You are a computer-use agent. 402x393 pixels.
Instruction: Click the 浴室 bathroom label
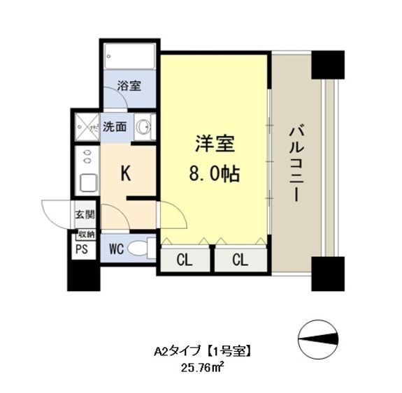coord(129,86)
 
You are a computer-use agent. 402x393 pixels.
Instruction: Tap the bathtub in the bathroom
coord(130,57)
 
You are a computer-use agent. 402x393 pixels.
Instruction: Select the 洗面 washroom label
coord(115,126)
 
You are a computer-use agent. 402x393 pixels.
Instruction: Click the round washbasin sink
coord(143,126)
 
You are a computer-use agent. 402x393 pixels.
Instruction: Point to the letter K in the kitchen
coord(126,173)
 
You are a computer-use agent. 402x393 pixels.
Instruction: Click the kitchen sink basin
coord(89,184)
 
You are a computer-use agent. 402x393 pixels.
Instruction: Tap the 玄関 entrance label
coord(85,214)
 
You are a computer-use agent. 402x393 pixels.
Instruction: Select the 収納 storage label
coord(86,235)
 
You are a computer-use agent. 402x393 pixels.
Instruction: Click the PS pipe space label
coord(82,249)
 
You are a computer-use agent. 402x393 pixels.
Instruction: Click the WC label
coord(116,249)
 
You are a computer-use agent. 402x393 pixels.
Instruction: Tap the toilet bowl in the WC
coord(137,249)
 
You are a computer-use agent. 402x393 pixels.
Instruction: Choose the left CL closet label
coord(185,260)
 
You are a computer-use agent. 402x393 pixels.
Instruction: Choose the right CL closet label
coord(241,260)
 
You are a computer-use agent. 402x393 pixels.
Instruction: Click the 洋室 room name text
coord(215,144)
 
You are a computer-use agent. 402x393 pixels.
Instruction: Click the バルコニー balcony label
coord(296,164)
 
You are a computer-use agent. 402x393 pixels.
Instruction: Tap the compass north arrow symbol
coord(317,339)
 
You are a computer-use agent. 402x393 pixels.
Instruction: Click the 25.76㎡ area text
coord(203,368)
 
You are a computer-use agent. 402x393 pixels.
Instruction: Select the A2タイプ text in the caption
coord(177,351)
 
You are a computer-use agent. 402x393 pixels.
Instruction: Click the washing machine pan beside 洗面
coord(87,127)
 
